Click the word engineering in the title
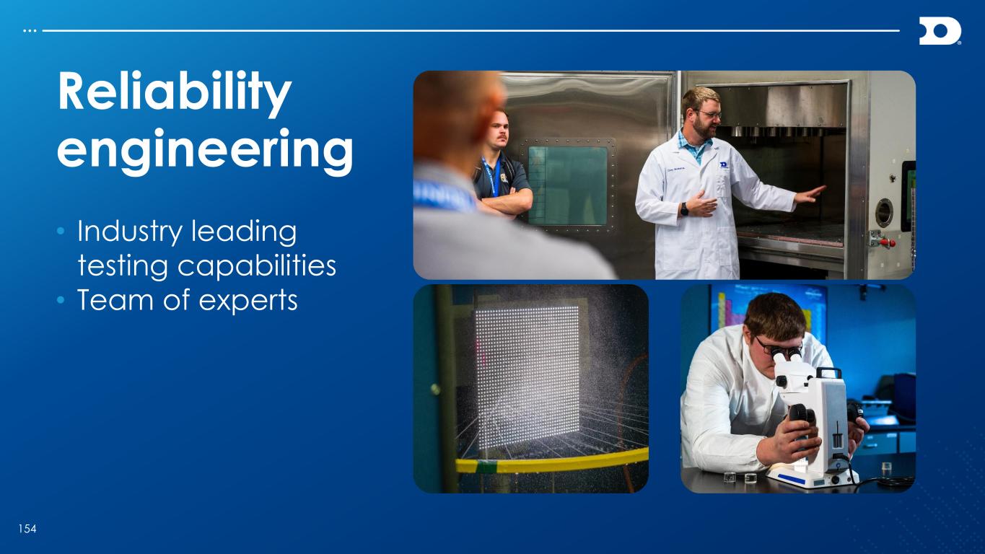(x=205, y=150)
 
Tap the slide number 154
(x=27, y=529)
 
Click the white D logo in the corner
(x=940, y=31)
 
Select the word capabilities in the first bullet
(x=257, y=266)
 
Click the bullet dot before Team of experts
(x=61, y=300)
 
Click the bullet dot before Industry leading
(x=61, y=231)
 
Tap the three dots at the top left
(x=30, y=31)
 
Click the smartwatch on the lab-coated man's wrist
(x=684, y=209)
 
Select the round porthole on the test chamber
(x=884, y=213)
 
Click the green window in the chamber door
(x=568, y=185)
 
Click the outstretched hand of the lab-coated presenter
(x=810, y=194)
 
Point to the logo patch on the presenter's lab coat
(x=724, y=165)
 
